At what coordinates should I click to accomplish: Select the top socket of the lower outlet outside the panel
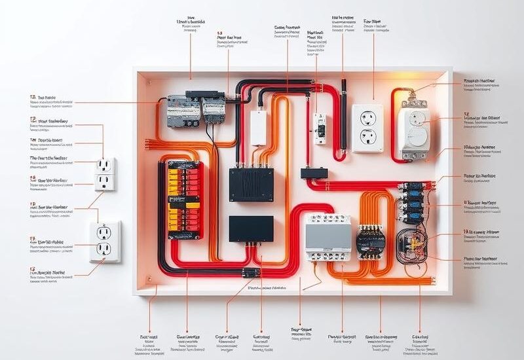(x=105, y=232)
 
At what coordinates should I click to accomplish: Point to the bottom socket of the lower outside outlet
(x=105, y=249)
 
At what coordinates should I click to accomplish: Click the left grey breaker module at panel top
(x=181, y=111)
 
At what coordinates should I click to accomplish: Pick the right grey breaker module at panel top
(x=214, y=110)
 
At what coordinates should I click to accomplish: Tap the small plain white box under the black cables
(x=259, y=127)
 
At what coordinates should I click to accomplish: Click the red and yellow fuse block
(x=185, y=200)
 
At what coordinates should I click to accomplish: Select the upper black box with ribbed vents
(x=251, y=184)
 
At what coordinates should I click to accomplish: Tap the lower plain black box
(x=251, y=228)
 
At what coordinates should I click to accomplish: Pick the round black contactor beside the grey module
(x=371, y=241)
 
